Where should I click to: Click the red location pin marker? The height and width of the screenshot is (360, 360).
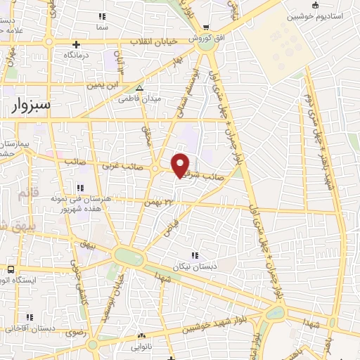[x=181, y=165]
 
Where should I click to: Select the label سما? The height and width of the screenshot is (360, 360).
[x=103, y=25]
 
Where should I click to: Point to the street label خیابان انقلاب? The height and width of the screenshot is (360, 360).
[x=153, y=42]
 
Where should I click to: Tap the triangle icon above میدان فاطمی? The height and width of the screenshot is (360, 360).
[x=140, y=89]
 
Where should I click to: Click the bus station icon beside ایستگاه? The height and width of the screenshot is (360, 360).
[x=11, y=269]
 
